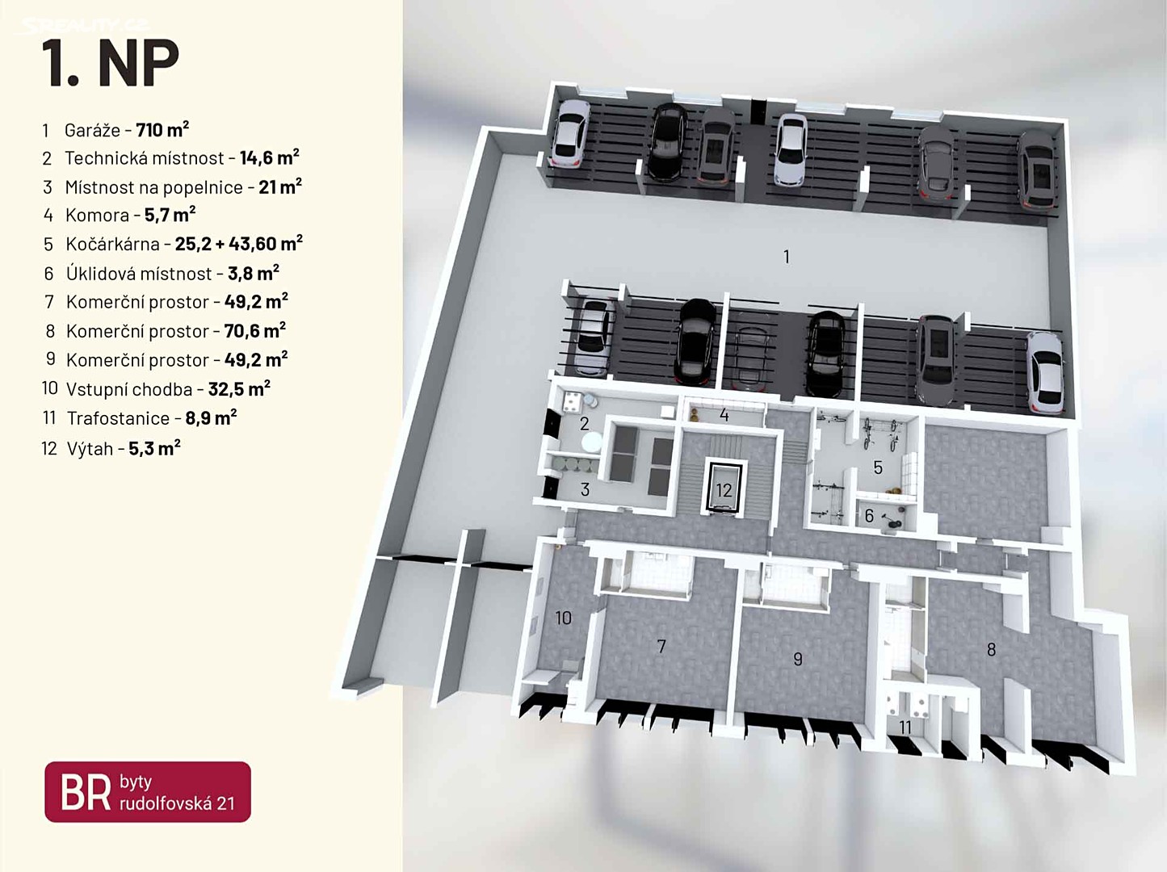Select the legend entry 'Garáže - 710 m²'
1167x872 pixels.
click(126, 130)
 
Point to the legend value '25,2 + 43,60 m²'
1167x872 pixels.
click(238, 244)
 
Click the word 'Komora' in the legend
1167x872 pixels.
click(97, 216)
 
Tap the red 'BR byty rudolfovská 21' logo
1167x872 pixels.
click(148, 792)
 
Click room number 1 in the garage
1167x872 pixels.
click(787, 257)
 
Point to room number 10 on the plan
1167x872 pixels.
click(563, 618)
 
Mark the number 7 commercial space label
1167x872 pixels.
click(661, 646)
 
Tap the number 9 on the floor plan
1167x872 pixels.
click(798, 659)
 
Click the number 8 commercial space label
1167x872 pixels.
click(991, 649)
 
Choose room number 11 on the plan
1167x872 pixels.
click(905, 727)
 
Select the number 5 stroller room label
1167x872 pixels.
click(878, 467)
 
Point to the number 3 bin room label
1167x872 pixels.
click(585, 489)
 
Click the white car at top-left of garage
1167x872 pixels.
click(569, 133)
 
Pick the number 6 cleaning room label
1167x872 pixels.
click(869, 516)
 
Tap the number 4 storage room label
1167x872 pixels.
click(724, 415)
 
